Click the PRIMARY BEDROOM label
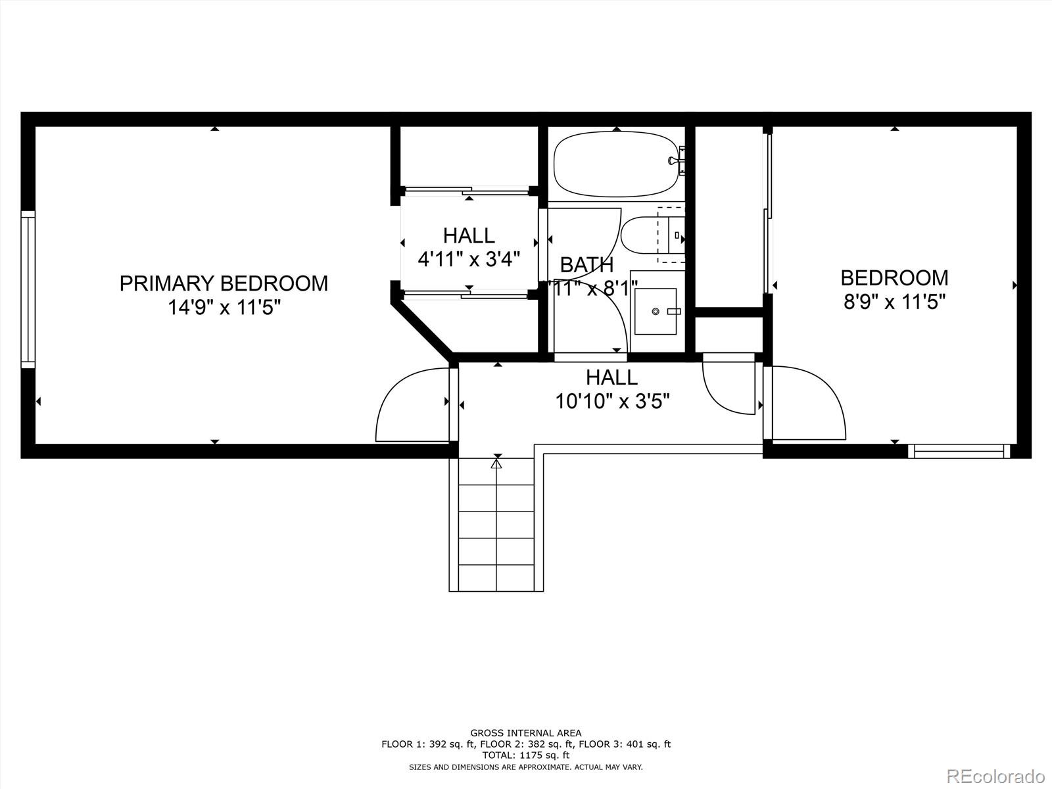tap(224, 283)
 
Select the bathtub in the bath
tap(615, 164)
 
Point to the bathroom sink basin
tap(655, 311)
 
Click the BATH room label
tap(586, 265)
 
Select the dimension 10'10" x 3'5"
tap(612, 401)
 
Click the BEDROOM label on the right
tap(894, 277)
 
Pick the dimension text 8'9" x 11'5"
tap(894, 302)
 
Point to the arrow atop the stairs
tap(496, 464)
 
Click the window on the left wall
tap(28, 289)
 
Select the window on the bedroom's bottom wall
tap(959, 451)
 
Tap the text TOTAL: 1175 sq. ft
tap(525, 755)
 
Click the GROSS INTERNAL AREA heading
tap(525, 732)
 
